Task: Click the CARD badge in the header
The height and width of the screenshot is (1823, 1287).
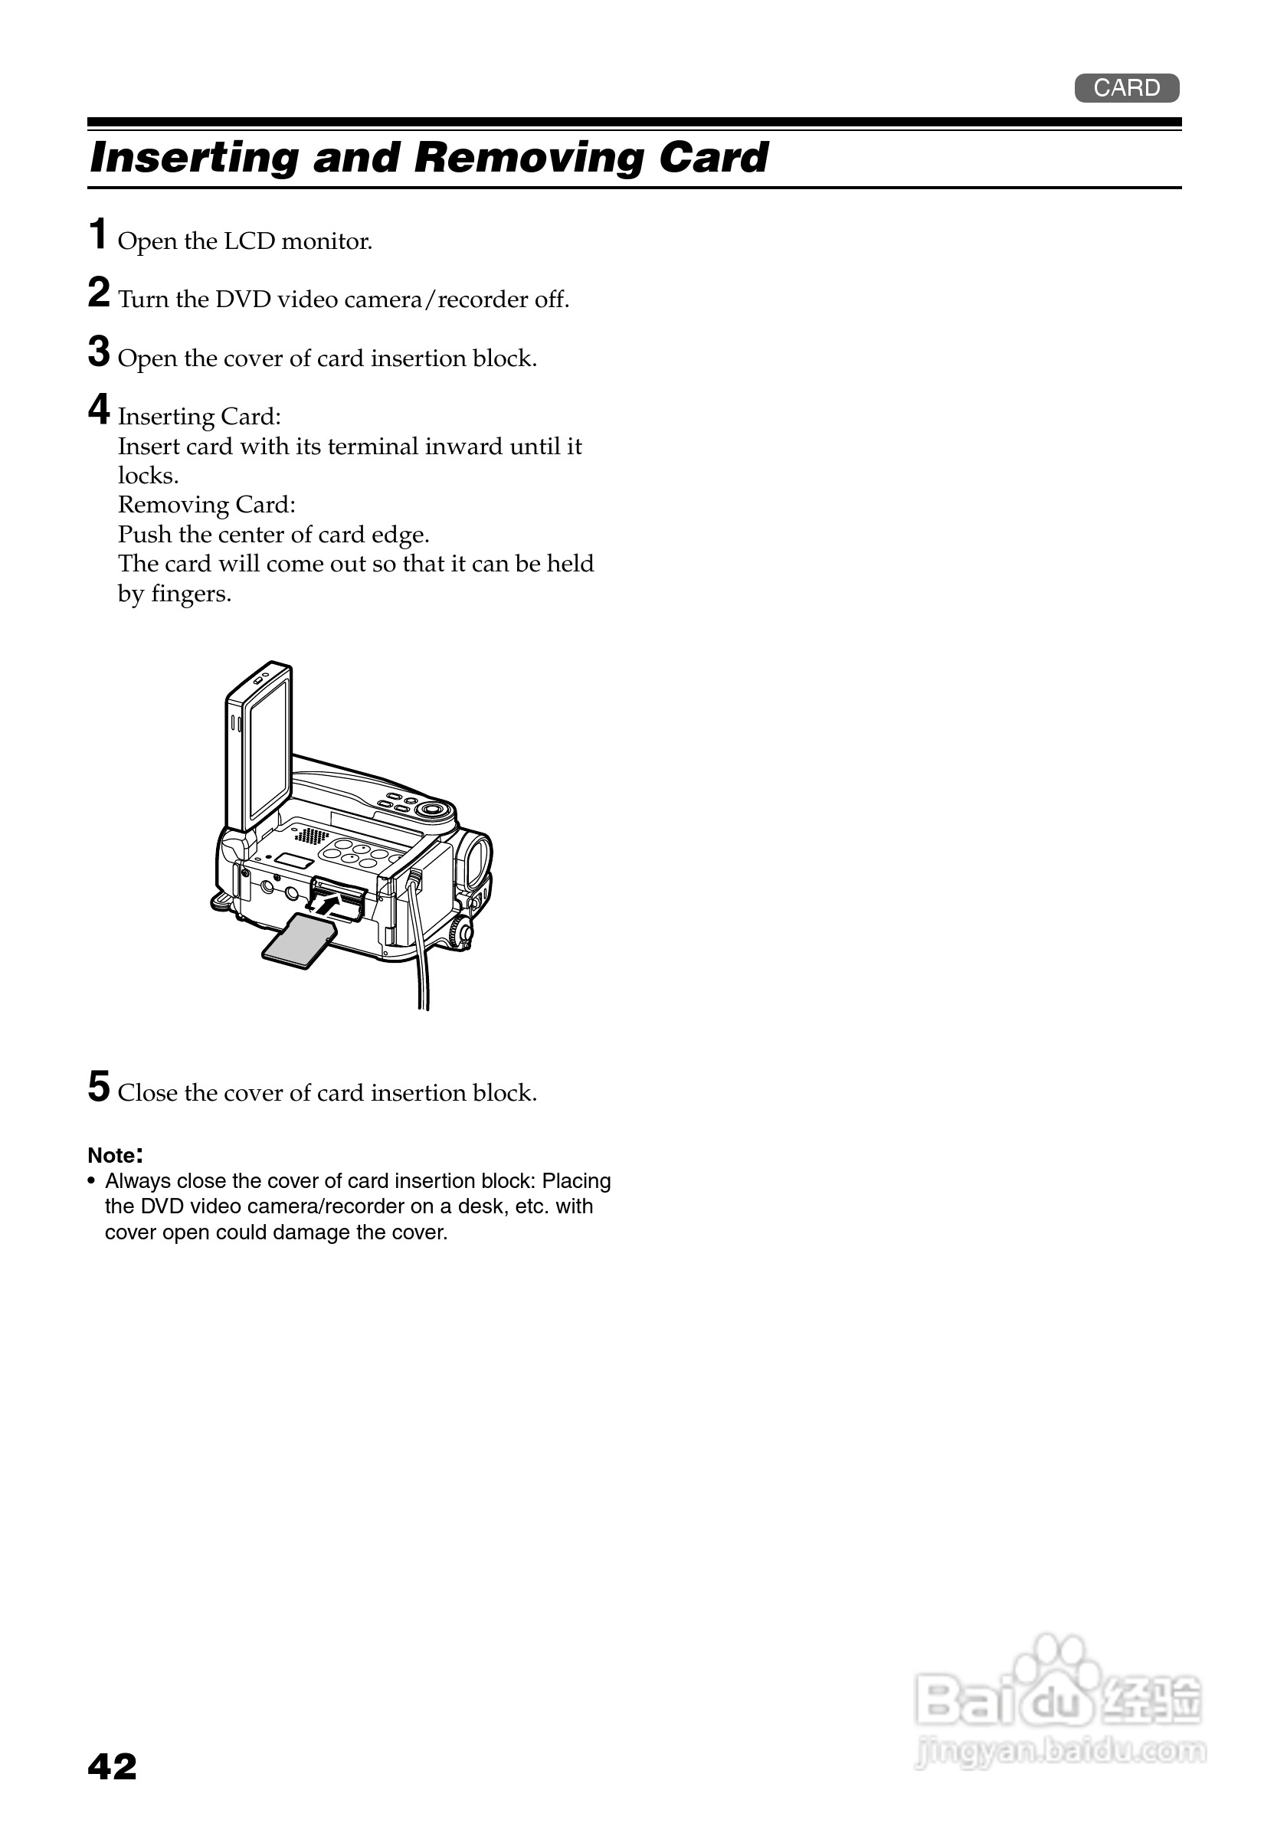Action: [1126, 88]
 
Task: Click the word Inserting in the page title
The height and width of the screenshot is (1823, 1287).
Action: [195, 157]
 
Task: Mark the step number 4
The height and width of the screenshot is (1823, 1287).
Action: [99, 410]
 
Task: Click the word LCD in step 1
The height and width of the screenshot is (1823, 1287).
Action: [249, 241]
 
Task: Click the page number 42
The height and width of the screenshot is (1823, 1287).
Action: [112, 1766]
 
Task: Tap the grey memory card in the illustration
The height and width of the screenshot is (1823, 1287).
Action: [299, 941]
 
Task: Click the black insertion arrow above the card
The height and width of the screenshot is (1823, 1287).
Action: [334, 903]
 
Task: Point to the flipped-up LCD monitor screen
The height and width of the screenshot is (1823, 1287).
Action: [267, 751]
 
